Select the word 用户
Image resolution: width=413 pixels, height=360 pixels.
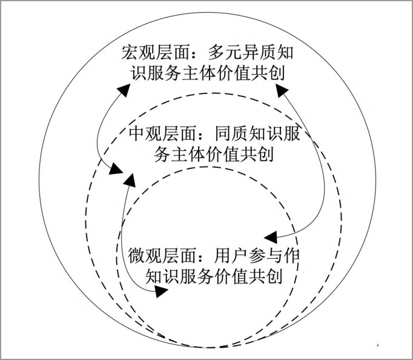click(x=231, y=255)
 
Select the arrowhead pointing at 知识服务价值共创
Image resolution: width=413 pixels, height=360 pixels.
click(x=161, y=292)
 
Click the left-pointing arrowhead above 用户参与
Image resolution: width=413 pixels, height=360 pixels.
click(x=271, y=238)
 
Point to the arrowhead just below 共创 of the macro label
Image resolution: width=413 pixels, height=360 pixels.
click(x=282, y=90)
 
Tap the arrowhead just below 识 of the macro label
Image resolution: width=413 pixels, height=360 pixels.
click(x=124, y=90)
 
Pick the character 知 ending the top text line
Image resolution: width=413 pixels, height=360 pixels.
click(x=285, y=52)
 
